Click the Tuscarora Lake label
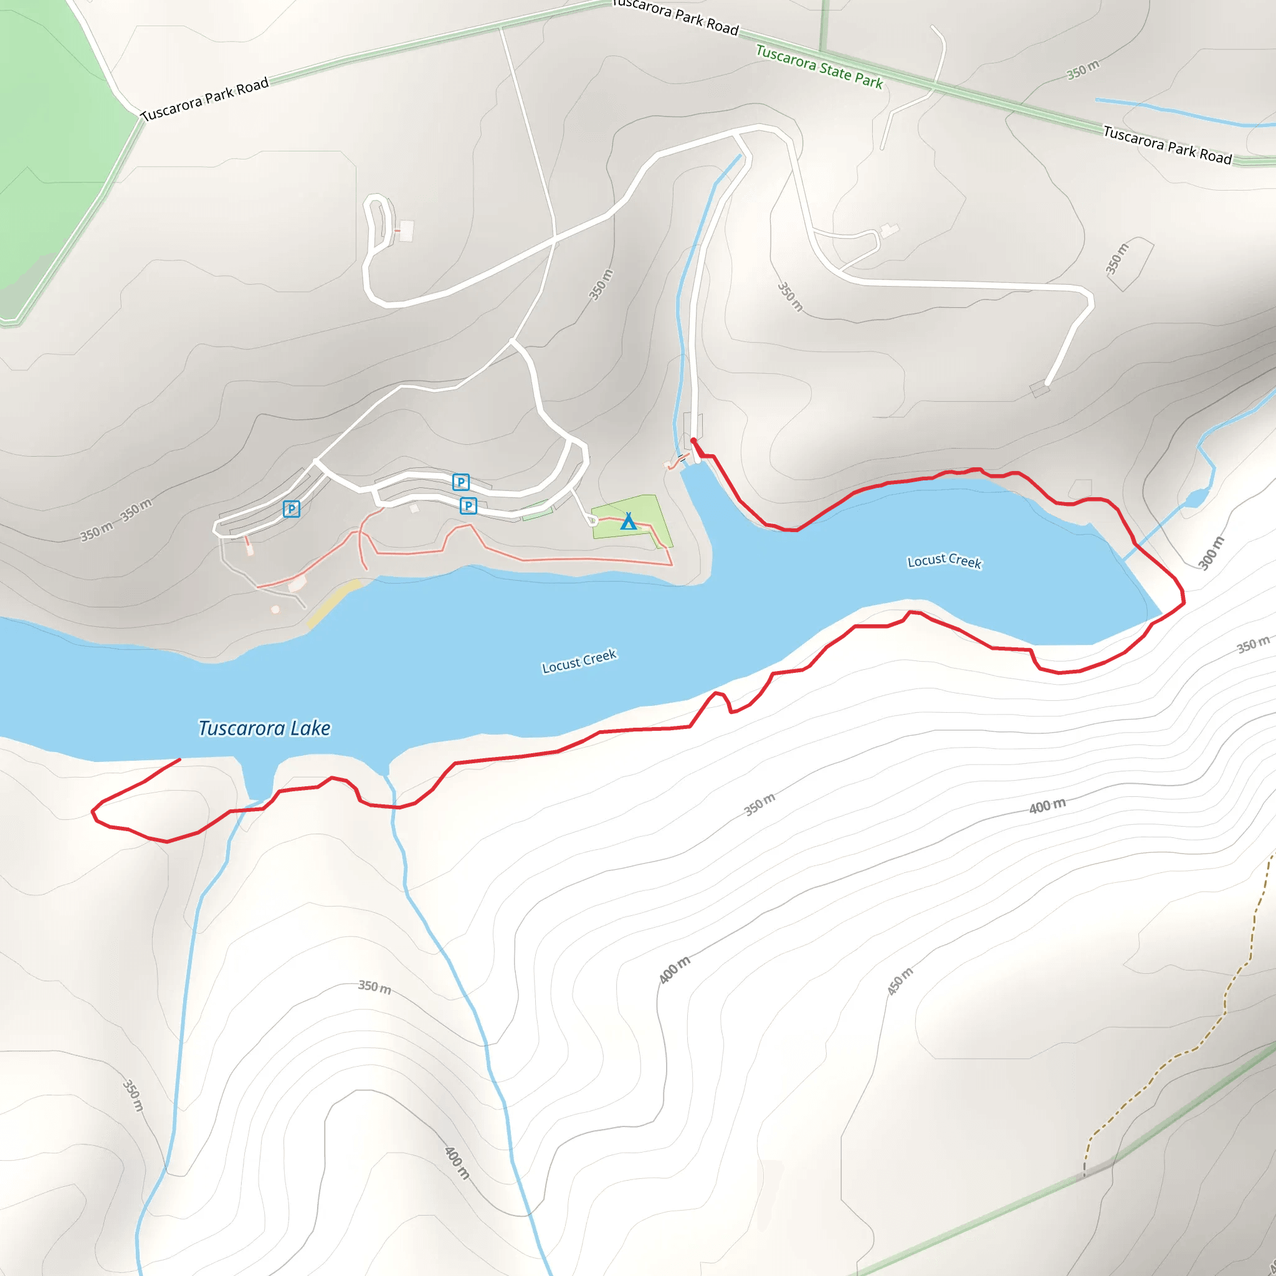point(264,728)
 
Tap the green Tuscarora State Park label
point(819,67)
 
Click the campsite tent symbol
point(628,521)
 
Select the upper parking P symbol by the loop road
point(461,482)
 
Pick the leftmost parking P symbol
point(291,508)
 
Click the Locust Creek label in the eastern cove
point(945,561)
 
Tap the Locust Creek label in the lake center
point(579,660)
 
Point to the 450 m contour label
point(900,981)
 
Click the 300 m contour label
point(1211,553)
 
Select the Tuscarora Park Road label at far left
point(205,99)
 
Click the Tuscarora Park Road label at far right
point(1168,145)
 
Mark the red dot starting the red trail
point(693,440)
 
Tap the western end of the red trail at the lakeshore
point(179,759)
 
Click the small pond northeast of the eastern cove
point(1196,498)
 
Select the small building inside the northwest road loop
point(407,231)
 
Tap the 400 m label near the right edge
point(1047,806)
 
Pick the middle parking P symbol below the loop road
point(469,506)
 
